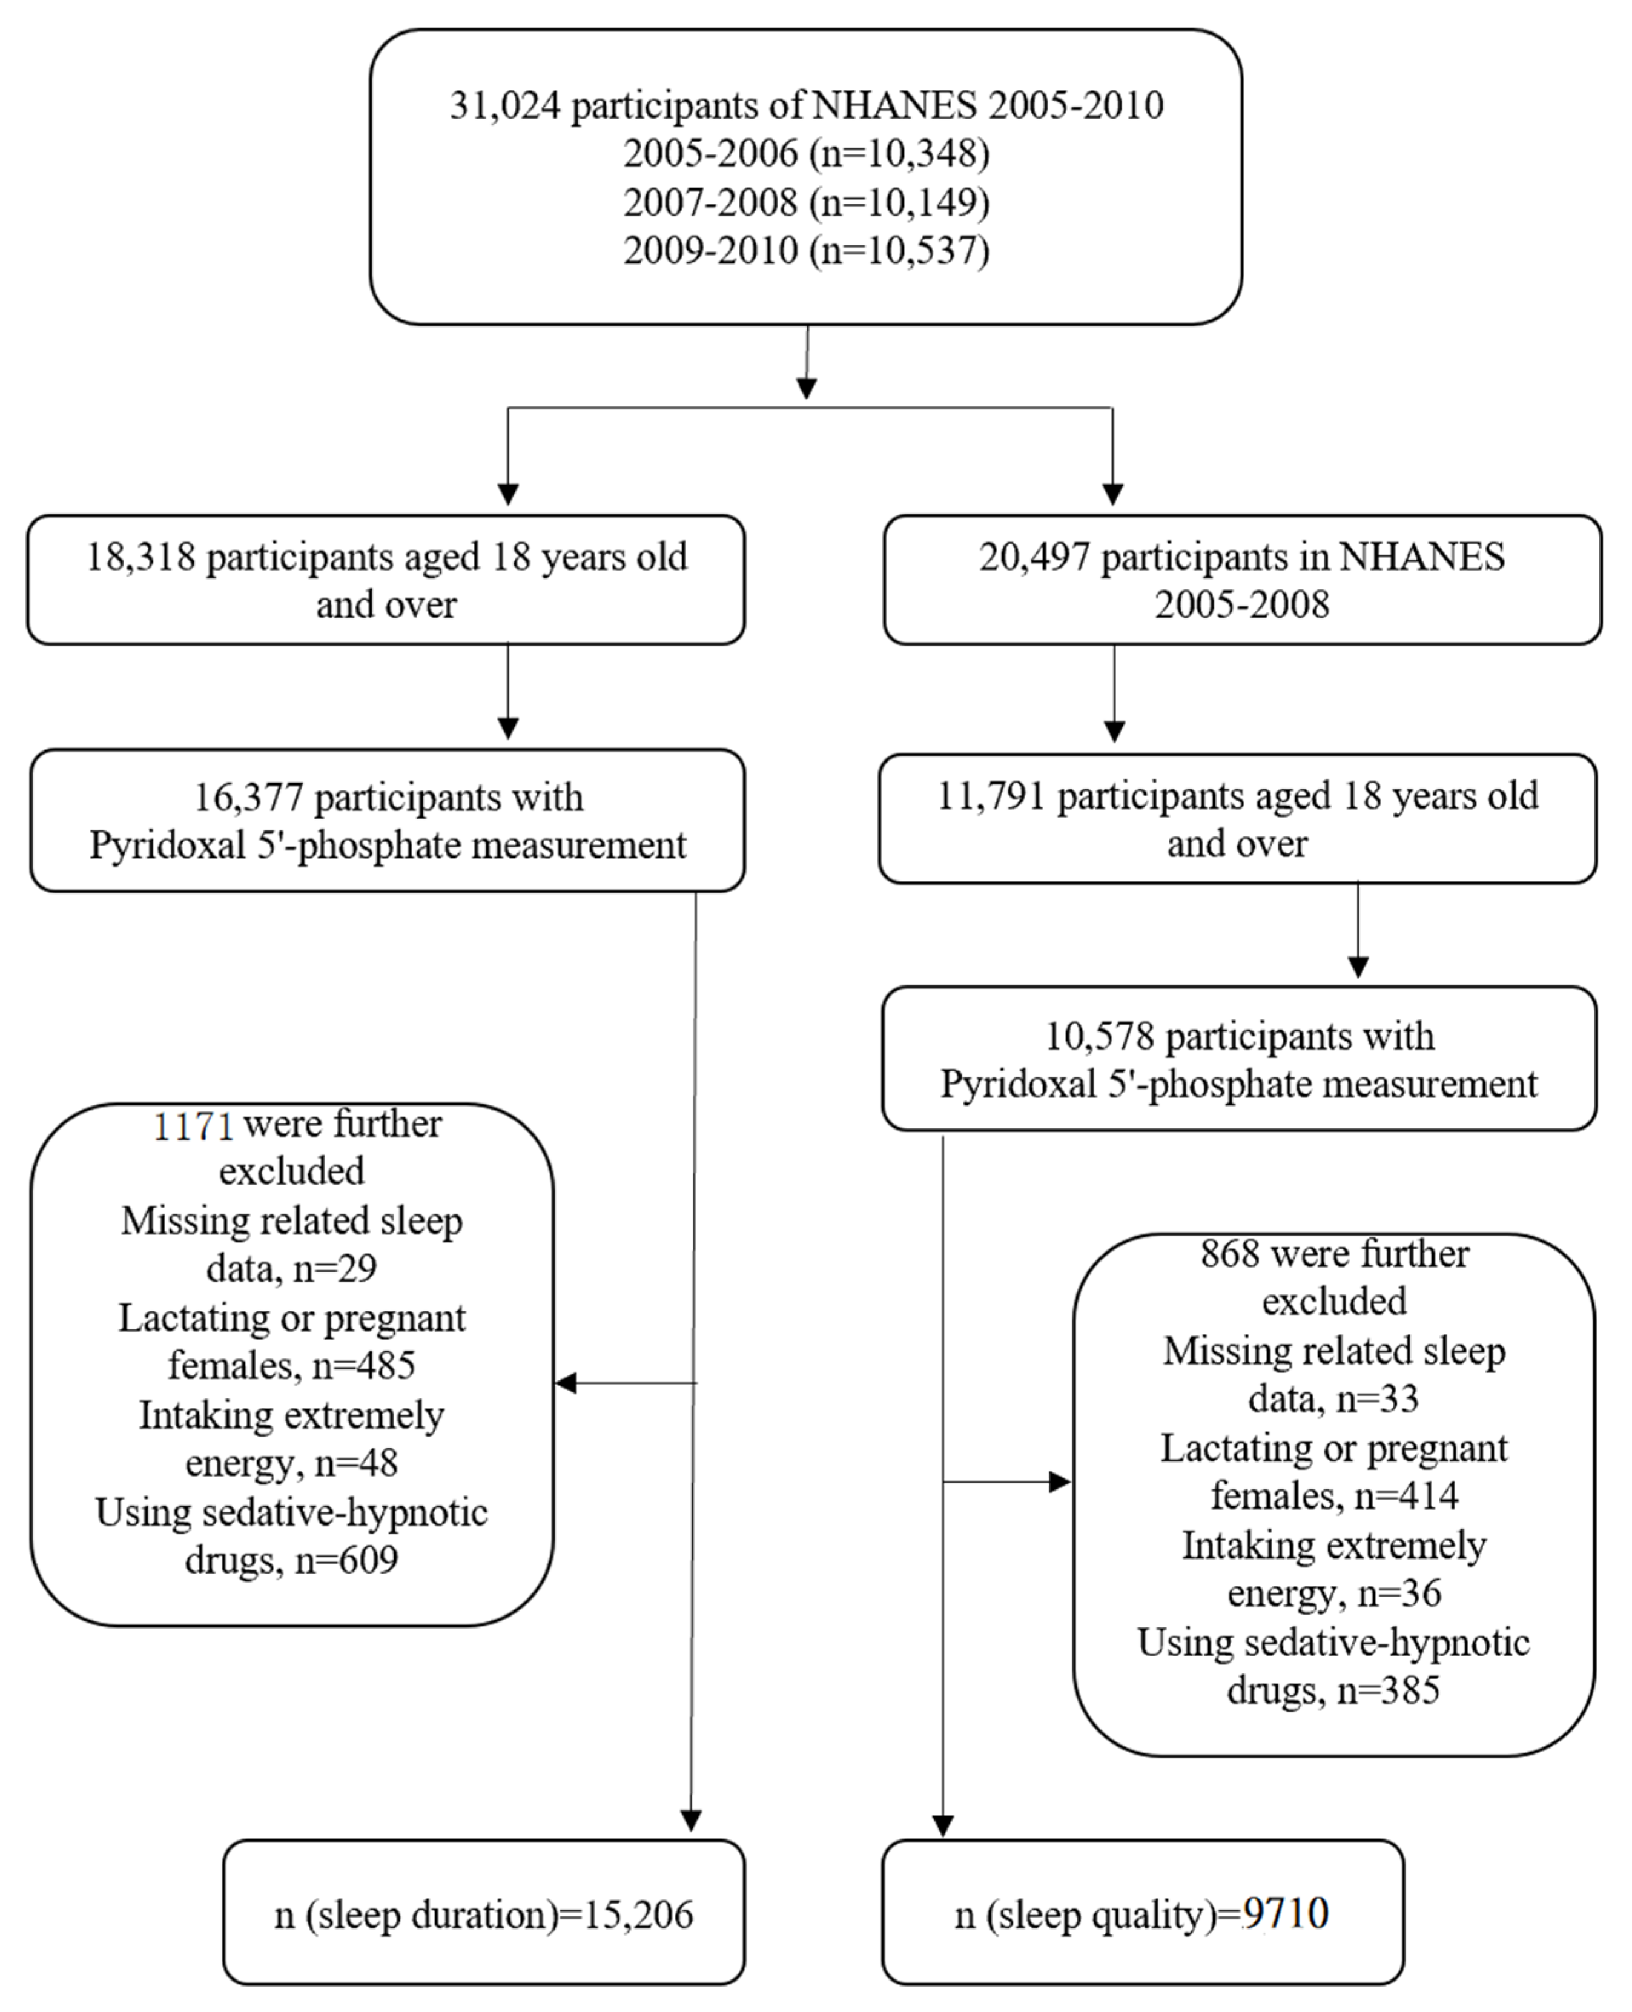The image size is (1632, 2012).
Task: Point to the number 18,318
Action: point(141,558)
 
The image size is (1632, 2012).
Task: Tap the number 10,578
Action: point(1099,1037)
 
